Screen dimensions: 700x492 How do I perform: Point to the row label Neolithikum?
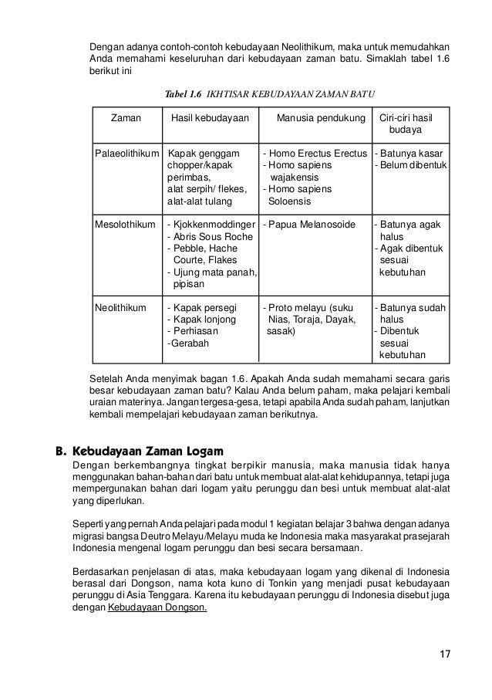pos(120,306)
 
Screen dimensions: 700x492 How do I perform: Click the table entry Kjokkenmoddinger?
pos(214,225)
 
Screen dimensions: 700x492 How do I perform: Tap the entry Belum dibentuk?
pos(415,165)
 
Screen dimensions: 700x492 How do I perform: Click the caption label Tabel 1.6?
pos(184,94)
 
